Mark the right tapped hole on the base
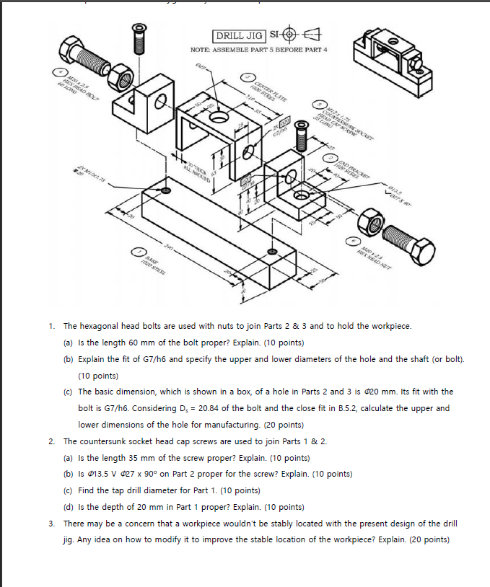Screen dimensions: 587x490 click(271, 251)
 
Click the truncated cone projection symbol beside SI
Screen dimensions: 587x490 click(314, 35)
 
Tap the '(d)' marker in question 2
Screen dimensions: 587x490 click(71, 506)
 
